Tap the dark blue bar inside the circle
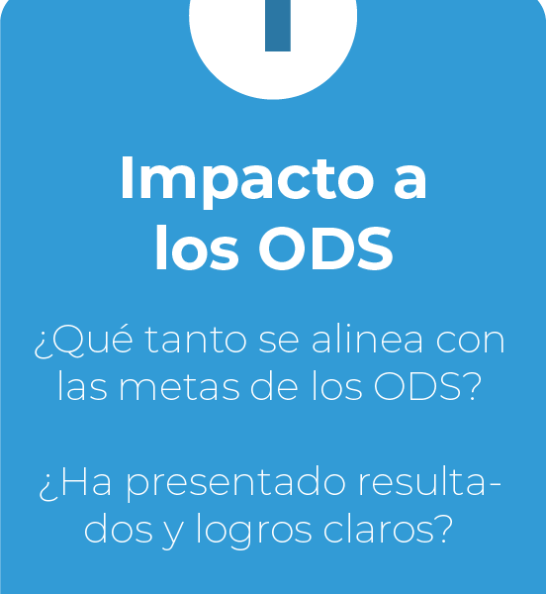(278, 26)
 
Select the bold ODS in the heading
(325, 248)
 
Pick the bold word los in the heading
(197, 247)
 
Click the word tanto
(196, 340)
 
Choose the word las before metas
(82, 387)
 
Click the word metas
(179, 388)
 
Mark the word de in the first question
(274, 387)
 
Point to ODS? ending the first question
(427, 387)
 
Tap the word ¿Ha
(75, 484)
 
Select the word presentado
(235, 486)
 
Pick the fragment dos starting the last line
(118, 529)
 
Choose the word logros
(253, 532)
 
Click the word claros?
(388, 529)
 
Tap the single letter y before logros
(173, 536)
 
